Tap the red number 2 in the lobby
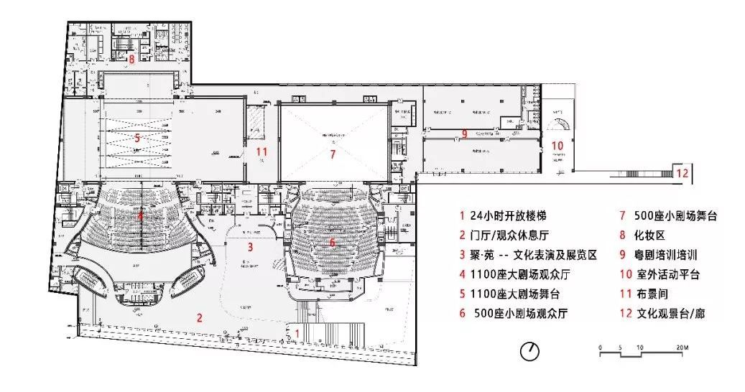click(200, 317)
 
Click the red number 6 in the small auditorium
click(332, 243)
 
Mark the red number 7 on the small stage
click(333, 154)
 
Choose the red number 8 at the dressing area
click(132, 59)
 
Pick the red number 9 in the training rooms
click(465, 134)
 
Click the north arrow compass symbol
click(530, 351)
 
